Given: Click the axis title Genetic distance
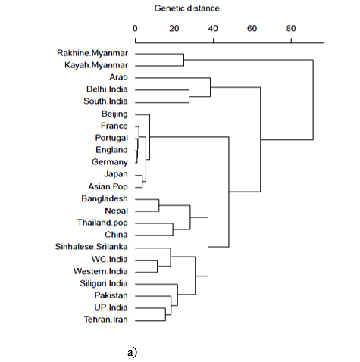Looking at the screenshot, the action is coord(187,8).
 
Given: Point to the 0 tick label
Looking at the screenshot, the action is coord(135,28).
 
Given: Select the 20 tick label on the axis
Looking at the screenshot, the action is coord(174,28).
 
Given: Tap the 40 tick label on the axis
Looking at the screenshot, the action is coord(213,28).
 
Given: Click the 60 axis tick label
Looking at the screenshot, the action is coord(252,28).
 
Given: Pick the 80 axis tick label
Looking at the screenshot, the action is coord(291,28).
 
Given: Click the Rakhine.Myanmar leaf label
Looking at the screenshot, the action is coord(92,53).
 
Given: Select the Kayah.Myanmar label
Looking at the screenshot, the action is coord(96,65).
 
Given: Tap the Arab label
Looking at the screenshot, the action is coord(119,77).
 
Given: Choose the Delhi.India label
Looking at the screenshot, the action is coord(107,89).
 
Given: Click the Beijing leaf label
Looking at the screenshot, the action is coord(114,114).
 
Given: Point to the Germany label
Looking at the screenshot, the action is coord(110,162).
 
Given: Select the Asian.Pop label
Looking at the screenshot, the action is coord(108,186).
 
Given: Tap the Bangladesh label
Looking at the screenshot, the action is coord(105,198).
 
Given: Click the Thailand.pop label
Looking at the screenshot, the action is coord(102,223).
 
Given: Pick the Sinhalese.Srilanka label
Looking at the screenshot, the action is coord(92,247).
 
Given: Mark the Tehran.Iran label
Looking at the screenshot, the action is coord(106,320).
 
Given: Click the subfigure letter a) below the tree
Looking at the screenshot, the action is coord(132,352).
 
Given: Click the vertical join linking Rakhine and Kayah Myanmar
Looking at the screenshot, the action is coord(183,60).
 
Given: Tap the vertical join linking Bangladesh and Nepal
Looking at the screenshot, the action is coord(159,205).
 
